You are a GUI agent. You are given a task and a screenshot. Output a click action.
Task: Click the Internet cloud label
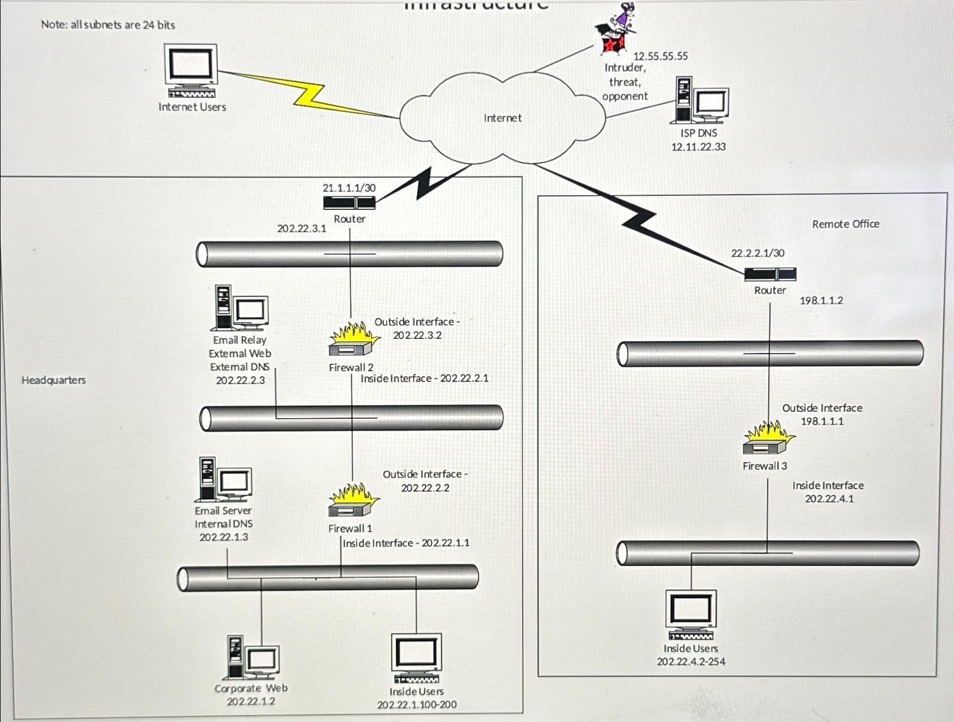[x=502, y=118]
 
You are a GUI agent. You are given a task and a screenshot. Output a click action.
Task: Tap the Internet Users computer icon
[x=191, y=71]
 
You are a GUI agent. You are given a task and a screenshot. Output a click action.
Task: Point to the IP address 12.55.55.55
[x=660, y=56]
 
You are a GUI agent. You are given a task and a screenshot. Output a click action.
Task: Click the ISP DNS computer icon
[x=699, y=101]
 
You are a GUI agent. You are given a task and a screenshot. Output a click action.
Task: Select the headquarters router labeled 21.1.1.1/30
[x=349, y=202]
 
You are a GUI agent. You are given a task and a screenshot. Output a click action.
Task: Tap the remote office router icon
[x=770, y=274]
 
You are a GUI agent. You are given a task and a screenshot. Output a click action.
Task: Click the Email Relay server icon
[x=239, y=308]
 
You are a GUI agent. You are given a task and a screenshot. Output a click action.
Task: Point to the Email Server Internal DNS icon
[x=223, y=480]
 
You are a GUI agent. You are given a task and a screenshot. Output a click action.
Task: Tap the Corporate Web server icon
[x=253, y=657]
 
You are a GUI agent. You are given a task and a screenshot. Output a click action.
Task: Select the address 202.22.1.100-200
[x=417, y=704]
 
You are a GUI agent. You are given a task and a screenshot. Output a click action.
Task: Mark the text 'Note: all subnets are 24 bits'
[x=108, y=25]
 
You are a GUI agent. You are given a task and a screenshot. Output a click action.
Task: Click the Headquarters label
[x=54, y=380]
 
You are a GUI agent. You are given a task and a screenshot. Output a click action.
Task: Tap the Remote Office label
[x=845, y=224]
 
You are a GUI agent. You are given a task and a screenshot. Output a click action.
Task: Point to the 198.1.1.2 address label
[x=821, y=300]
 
